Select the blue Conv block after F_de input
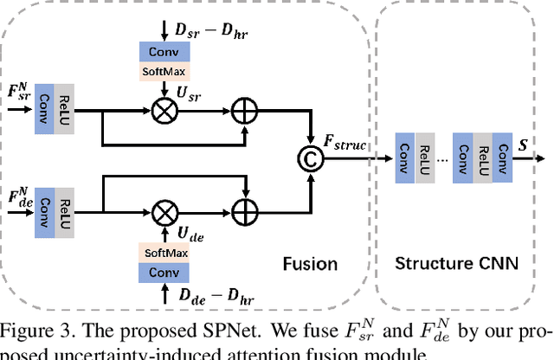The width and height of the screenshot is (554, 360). click(45, 209)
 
